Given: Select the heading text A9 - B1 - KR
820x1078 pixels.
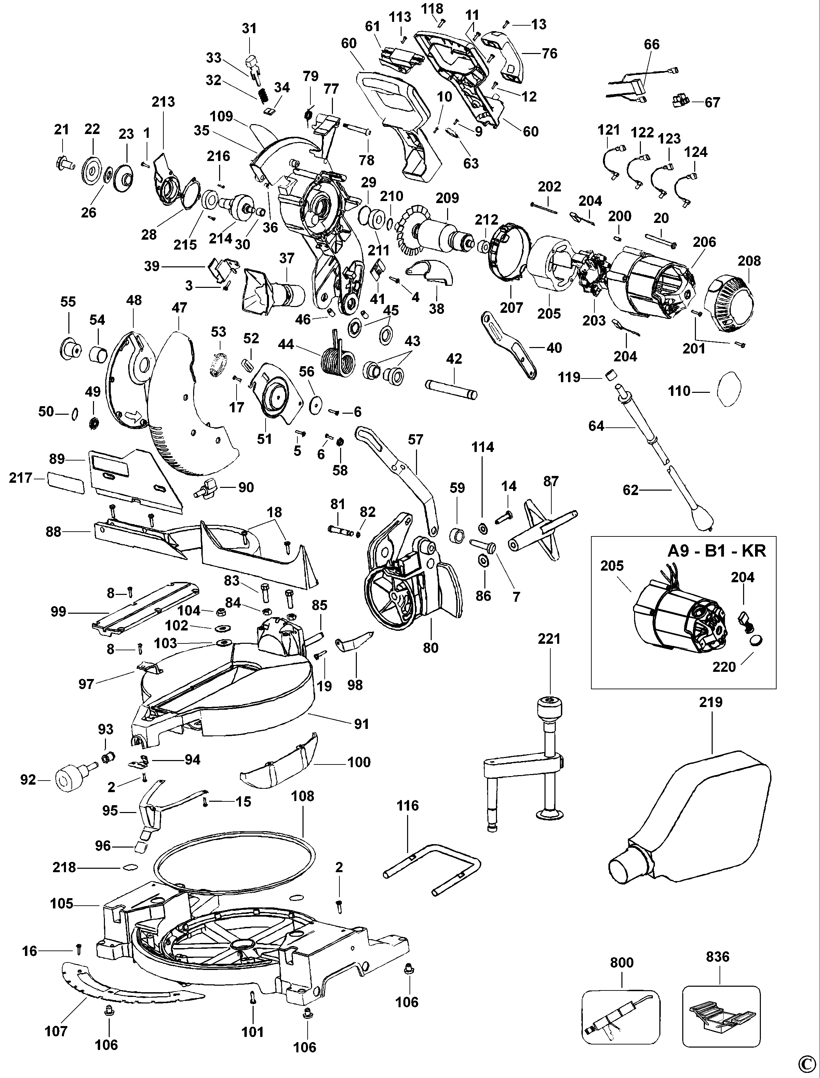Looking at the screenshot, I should click(x=716, y=551).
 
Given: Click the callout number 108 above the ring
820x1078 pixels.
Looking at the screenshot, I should click(x=303, y=796).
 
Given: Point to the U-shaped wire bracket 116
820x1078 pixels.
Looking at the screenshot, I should click(x=432, y=874).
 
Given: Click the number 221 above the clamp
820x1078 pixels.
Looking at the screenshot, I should click(x=549, y=639).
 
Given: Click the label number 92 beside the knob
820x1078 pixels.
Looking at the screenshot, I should click(x=28, y=780).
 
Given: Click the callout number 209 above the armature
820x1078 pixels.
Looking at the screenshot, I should click(x=447, y=198).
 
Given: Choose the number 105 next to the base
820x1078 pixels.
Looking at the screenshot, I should click(x=62, y=904).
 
